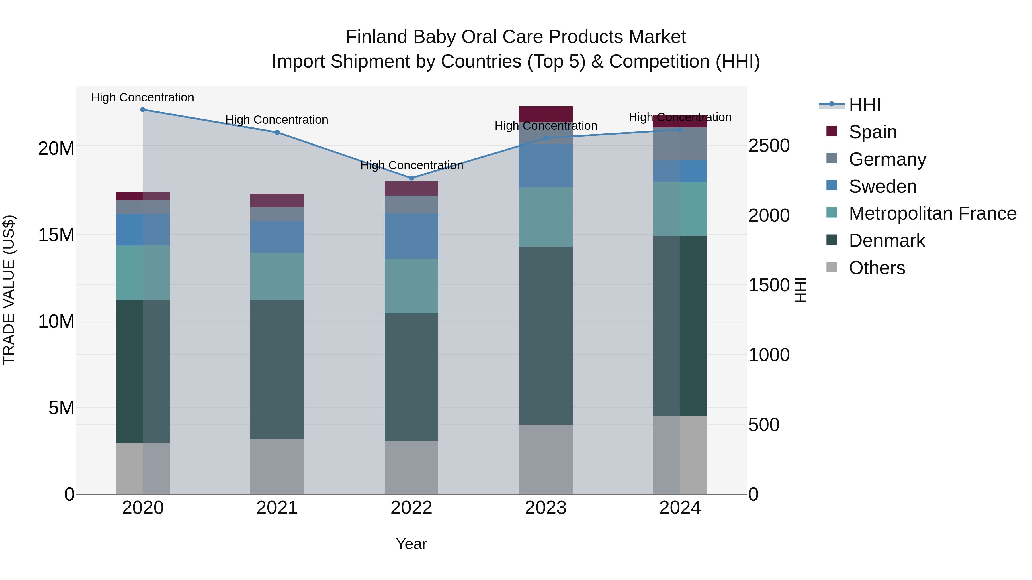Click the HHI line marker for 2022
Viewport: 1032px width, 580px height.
coord(411,178)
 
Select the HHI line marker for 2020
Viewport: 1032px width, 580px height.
coord(143,110)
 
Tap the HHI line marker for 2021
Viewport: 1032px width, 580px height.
coord(277,133)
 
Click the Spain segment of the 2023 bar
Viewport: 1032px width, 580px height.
coord(545,114)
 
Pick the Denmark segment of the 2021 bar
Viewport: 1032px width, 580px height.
coord(277,369)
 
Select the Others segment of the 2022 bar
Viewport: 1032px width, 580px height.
coord(411,467)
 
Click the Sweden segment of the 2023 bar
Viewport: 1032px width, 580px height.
coord(545,166)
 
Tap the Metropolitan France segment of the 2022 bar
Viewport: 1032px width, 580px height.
coord(411,286)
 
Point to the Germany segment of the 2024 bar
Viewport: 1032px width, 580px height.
coord(680,144)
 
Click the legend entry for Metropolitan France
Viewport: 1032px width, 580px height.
coord(932,213)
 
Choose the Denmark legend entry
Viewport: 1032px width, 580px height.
coord(887,241)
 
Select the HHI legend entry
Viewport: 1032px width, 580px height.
coord(864,105)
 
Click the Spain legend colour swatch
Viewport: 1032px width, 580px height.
coord(832,131)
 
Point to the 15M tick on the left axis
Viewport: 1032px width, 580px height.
coord(56,235)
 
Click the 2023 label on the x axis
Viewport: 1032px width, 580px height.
coord(545,508)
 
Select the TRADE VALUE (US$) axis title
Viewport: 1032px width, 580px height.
coord(9,290)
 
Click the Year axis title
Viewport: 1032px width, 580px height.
coord(411,544)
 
